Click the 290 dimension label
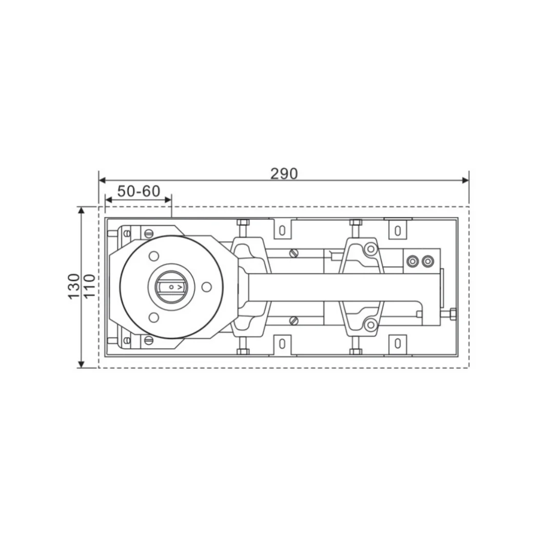284,174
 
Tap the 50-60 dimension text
138,191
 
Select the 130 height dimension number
74,286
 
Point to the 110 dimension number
89,286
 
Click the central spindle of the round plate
170,287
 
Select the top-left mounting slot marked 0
282,230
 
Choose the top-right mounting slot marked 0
398,230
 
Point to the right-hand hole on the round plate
206,287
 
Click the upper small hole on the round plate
153,255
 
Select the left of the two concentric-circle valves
412,262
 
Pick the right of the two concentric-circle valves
427,262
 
